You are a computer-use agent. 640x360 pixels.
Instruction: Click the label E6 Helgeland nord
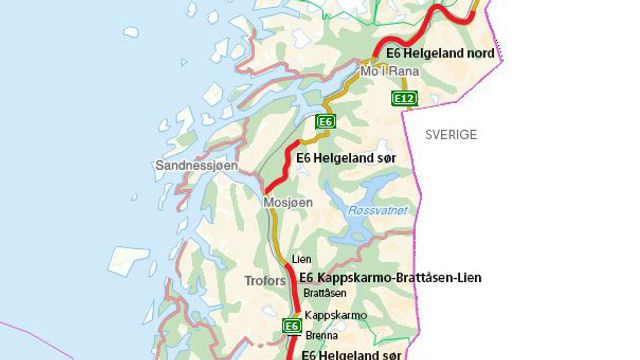click(434, 53)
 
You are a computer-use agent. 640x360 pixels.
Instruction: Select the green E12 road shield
click(404, 98)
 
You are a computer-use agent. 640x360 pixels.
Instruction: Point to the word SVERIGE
click(450, 134)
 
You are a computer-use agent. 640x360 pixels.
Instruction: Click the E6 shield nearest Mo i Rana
click(324, 121)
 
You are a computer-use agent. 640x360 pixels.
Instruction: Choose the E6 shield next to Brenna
click(292, 326)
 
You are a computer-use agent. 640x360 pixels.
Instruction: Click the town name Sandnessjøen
click(196, 165)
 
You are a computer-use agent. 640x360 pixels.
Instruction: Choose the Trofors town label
click(266, 281)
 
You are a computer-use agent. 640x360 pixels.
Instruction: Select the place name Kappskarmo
click(335, 315)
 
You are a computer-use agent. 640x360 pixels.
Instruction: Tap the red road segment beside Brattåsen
click(292, 294)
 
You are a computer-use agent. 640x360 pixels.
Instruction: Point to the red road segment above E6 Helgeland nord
click(420, 26)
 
